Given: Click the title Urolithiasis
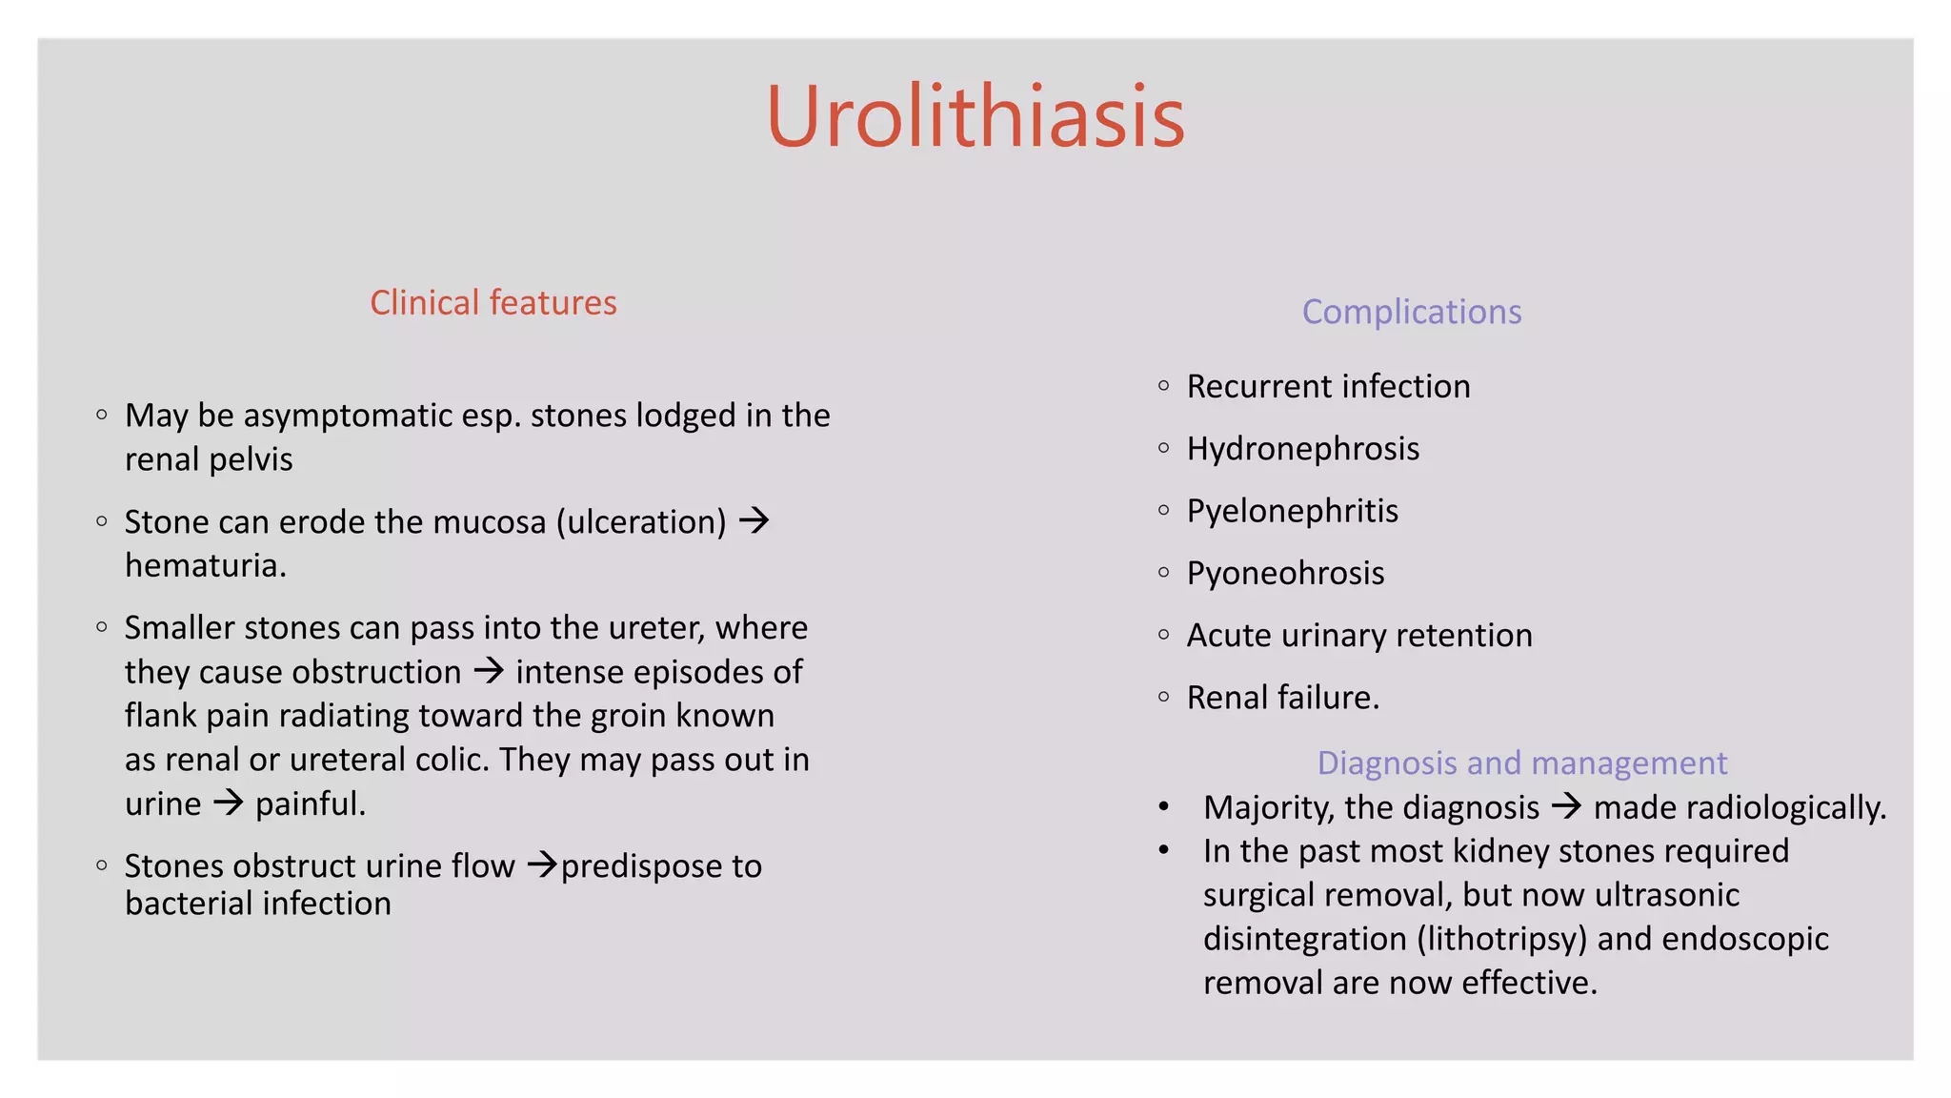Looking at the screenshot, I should coord(975,116).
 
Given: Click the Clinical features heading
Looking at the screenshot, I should coord(493,302).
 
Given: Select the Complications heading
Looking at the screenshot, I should coord(1411,312).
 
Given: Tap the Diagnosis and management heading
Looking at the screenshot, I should coord(1521,762).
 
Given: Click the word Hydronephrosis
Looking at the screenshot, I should coord(1302,448).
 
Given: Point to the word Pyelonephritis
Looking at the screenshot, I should coord(1292,511).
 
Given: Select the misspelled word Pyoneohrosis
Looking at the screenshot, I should coord(1285,573).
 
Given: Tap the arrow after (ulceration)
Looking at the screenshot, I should coord(754,520).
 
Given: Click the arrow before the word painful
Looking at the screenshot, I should coord(229,803).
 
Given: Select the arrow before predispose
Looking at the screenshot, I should coord(542,864).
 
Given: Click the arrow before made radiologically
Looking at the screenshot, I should coord(1566,806).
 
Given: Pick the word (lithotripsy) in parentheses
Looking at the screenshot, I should coord(1502,939).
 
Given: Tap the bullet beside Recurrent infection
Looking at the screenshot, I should coord(1163,386).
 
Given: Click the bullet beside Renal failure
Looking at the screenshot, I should coord(1163,697).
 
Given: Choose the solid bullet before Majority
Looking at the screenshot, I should coord(1163,807).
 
